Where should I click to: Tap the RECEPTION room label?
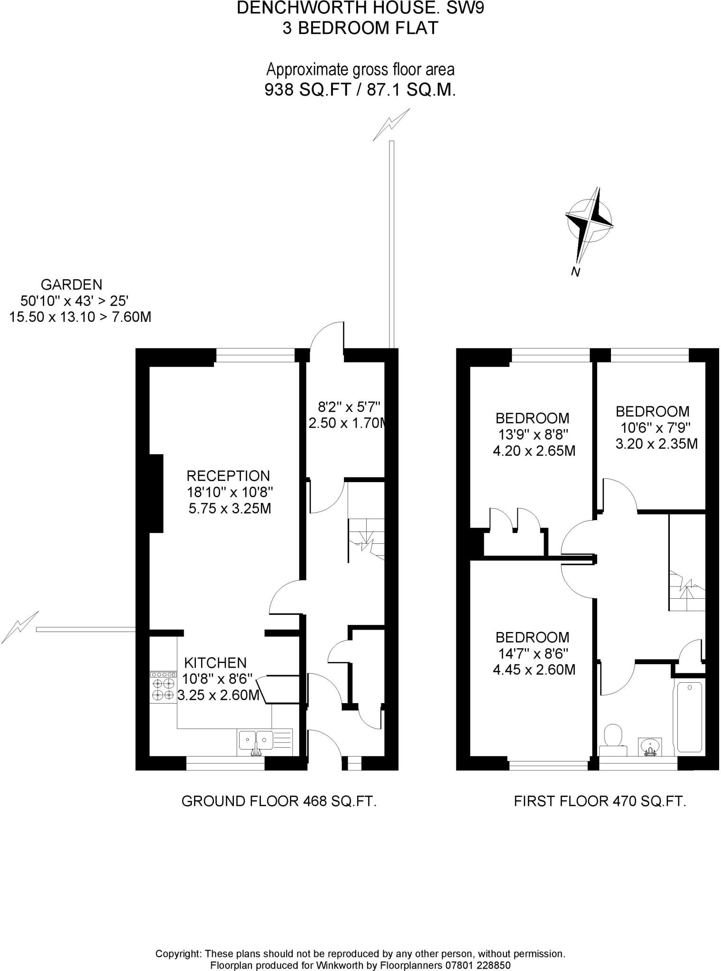pyautogui.click(x=228, y=476)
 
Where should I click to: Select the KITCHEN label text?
pyautogui.click(x=215, y=662)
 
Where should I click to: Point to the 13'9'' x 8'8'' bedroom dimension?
pyautogui.click(x=533, y=434)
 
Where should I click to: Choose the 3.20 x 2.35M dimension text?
pyautogui.click(x=656, y=444)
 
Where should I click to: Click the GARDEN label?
pyautogui.click(x=71, y=284)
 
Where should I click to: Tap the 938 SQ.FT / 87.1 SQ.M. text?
pyautogui.click(x=360, y=90)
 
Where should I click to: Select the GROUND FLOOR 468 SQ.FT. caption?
pyautogui.click(x=279, y=801)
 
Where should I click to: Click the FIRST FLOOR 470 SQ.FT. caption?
pyautogui.click(x=600, y=801)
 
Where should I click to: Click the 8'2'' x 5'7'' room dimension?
pyautogui.click(x=349, y=407)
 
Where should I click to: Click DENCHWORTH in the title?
pyautogui.click(x=294, y=8)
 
